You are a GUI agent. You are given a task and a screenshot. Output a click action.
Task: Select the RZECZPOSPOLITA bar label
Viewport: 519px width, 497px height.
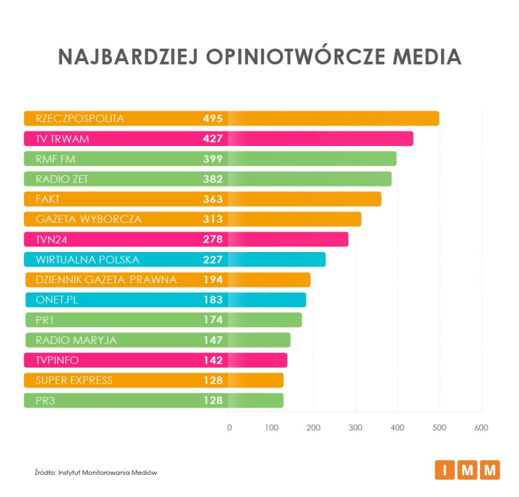[x=80, y=118]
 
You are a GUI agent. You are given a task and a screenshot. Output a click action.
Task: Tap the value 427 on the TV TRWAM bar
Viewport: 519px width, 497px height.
[x=213, y=139]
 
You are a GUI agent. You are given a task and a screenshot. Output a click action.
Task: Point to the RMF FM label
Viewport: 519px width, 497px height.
[x=56, y=159]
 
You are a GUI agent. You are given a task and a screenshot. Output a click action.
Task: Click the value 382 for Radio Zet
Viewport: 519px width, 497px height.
[x=213, y=179]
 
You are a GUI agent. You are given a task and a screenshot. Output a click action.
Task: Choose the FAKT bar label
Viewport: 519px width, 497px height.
[x=48, y=199]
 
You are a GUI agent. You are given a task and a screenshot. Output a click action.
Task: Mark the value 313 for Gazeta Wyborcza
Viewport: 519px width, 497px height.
[x=213, y=219]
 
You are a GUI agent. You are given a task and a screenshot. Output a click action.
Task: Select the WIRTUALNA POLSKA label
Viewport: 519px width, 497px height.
[x=88, y=260]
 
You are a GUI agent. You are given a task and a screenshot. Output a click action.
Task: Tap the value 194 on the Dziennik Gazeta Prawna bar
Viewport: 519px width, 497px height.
[x=213, y=280]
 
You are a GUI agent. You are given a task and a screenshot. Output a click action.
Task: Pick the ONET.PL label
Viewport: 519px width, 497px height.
[x=56, y=300]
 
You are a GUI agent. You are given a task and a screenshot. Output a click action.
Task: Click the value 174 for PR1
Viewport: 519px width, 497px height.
[x=213, y=320]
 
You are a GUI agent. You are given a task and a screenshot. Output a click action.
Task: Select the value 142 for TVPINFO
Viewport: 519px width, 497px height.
[x=213, y=360]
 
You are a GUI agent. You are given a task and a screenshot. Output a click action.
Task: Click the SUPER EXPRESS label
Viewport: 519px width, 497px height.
[x=74, y=381]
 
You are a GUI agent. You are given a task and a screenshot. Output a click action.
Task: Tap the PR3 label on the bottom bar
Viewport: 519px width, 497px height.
[x=45, y=400]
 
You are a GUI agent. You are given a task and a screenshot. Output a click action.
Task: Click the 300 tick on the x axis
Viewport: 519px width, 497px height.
[x=355, y=428]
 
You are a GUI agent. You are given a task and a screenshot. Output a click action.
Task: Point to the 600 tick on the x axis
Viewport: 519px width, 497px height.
[x=481, y=428]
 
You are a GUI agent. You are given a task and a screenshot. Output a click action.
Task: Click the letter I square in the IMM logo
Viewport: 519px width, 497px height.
[x=444, y=470]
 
